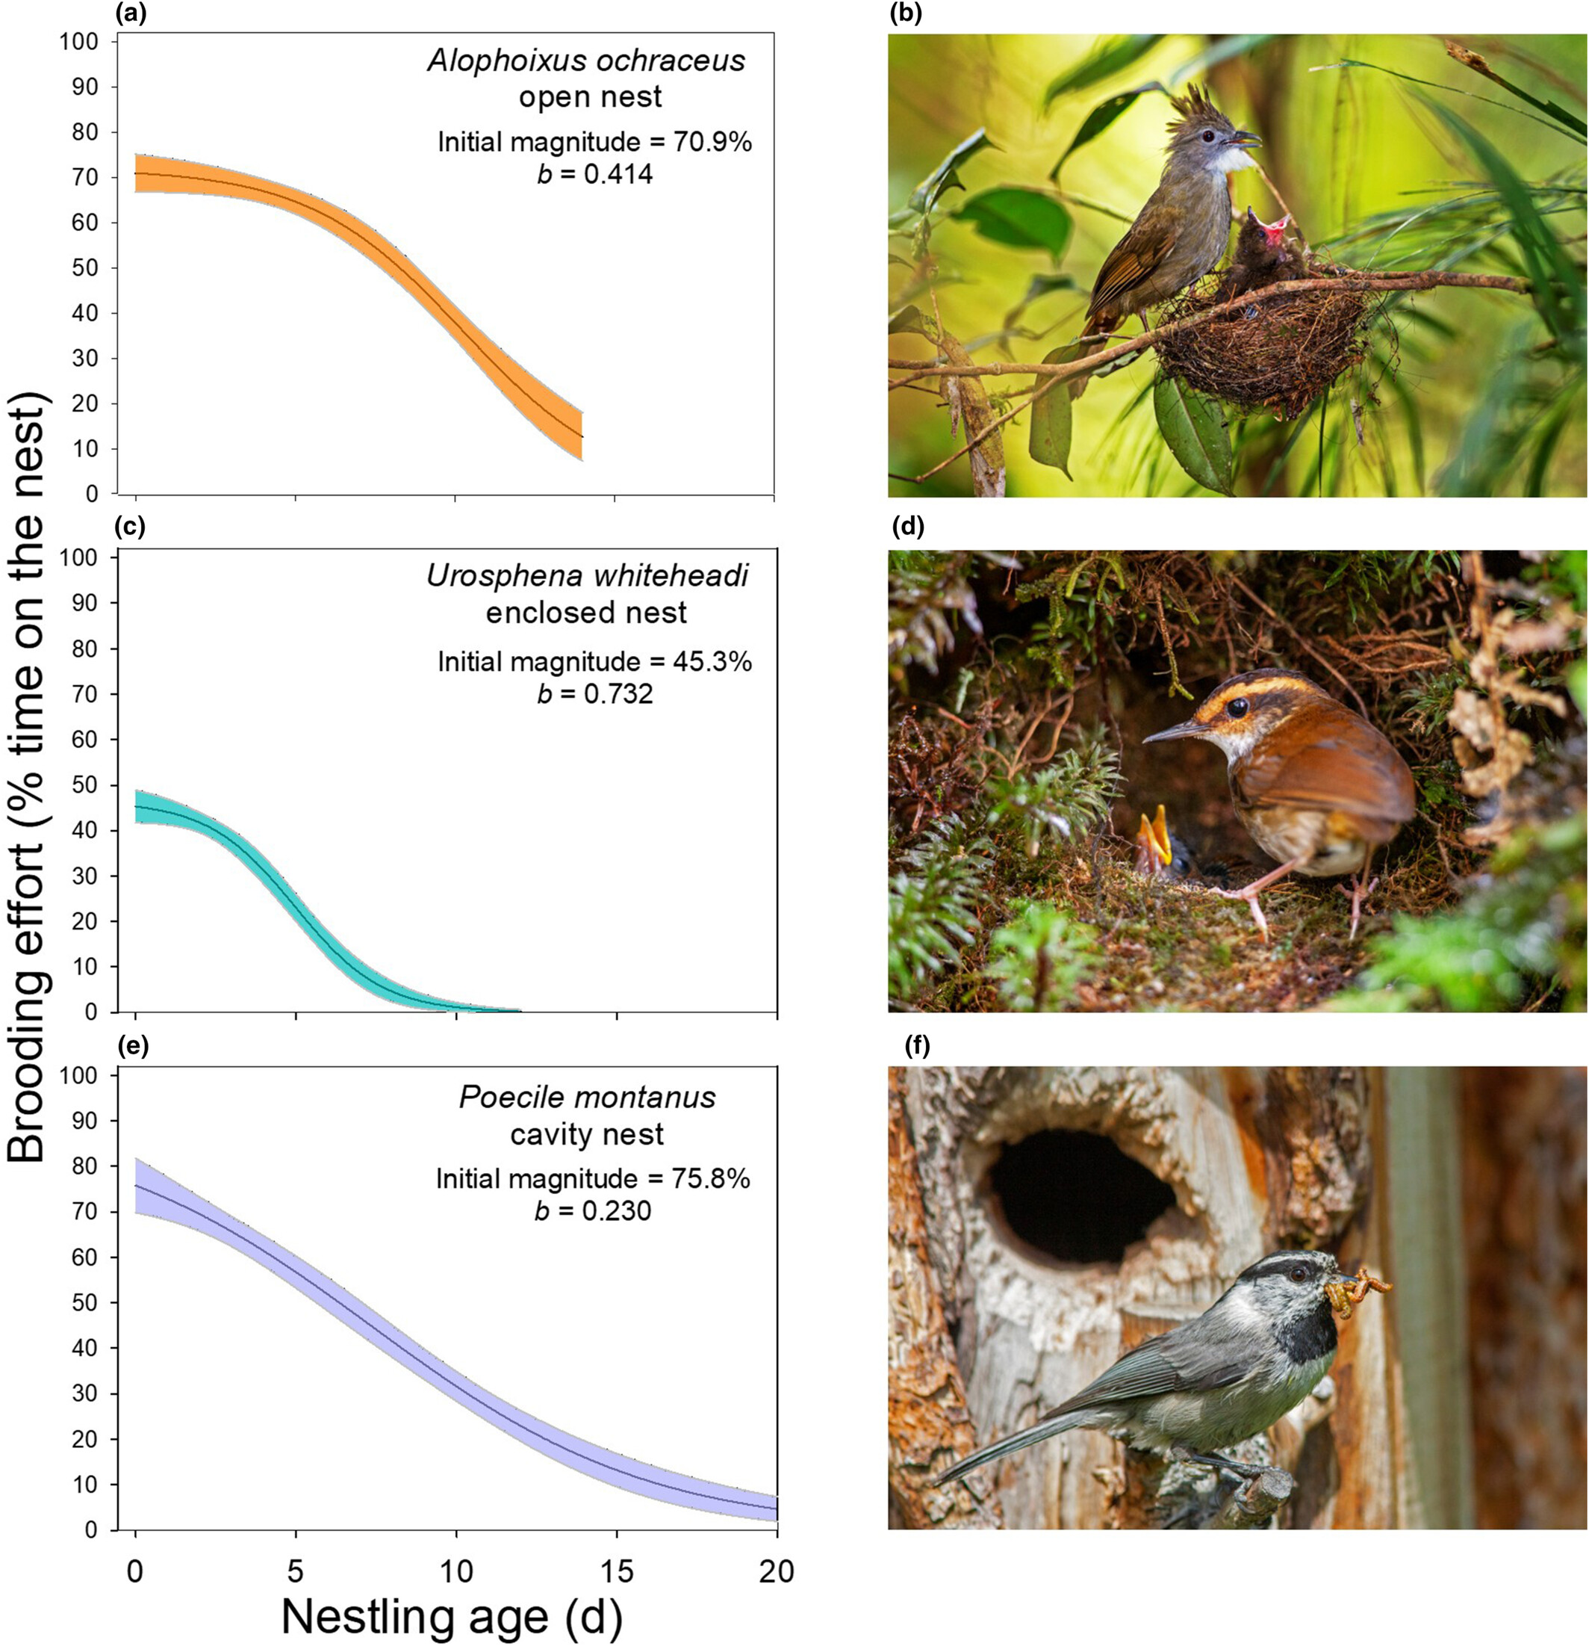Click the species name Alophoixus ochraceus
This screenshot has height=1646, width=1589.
pos(586,61)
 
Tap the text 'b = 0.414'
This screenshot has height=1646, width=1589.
pos(594,174)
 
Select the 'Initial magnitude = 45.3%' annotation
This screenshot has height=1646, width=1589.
pos(594,662)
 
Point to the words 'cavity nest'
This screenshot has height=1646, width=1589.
pos(587,1134)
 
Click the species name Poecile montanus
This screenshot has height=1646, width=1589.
pos(587,1098)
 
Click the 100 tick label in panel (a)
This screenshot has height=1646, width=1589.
pos(80,42)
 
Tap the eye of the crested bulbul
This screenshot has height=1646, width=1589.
pos(1206,135)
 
